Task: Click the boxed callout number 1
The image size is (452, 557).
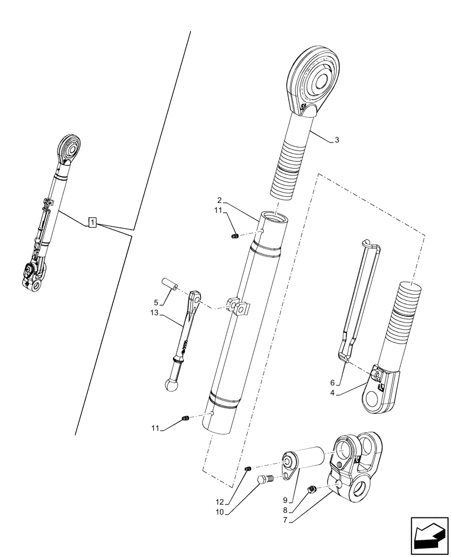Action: (93, 224)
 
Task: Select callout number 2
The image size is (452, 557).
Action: (220, 200)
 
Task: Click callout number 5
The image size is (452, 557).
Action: (157, 302)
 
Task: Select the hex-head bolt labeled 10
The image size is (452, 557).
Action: (266, 479)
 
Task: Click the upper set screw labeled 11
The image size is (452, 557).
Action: (235, 237)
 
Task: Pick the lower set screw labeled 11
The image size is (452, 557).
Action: (186, 418)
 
